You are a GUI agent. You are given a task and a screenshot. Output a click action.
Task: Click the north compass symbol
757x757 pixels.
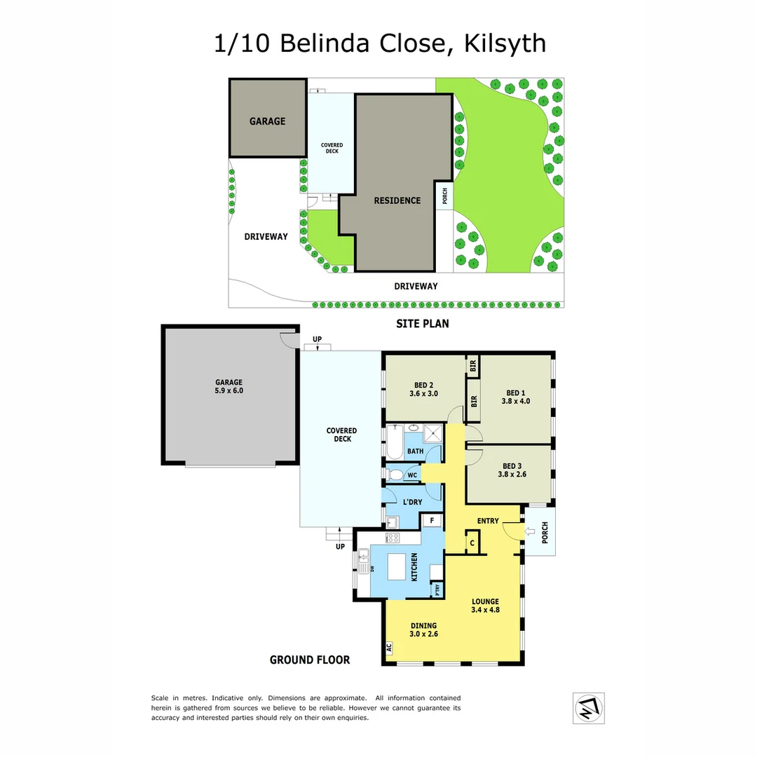(x=589, y=707)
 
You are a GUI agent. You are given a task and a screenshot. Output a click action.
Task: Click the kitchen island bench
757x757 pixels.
(x=397, y=566)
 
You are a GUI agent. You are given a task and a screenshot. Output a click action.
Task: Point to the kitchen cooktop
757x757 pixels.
(x=393, y=538)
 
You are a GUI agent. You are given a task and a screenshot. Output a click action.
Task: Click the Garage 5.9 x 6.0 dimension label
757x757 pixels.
(x=229, y=386)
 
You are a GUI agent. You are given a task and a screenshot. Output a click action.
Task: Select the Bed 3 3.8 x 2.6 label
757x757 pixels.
(x=512, y=470)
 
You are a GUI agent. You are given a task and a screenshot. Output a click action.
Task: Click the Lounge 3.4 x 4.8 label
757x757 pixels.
(x=485, y=606)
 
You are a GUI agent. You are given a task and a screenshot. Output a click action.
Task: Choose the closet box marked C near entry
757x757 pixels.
(x=472, y=543)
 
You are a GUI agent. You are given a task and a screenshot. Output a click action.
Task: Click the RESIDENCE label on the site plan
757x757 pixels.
(x=397, y=200)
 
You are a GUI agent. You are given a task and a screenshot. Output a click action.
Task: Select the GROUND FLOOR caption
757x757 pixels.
(x=310, y=660)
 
